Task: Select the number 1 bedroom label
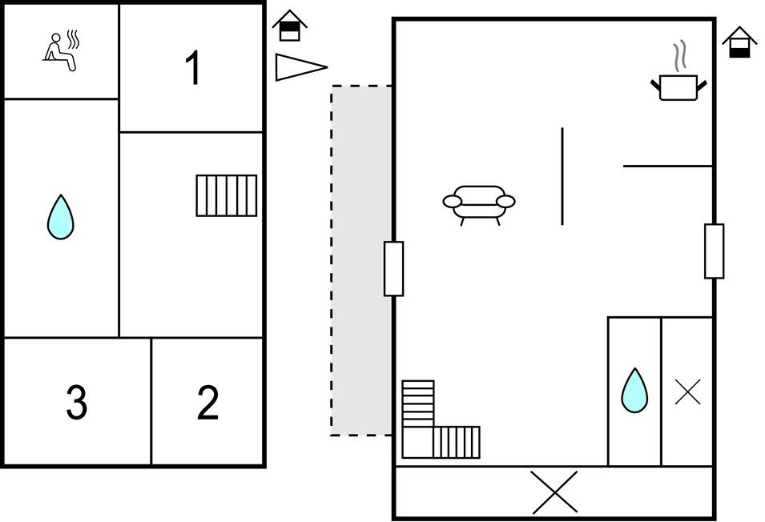pyautogui.click(x=193, y=68)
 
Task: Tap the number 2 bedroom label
pyautogui.click(x=207, y=402)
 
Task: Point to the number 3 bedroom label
pyautogui.click(x=77, y=402)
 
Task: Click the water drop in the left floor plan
pyautogui.click(x=61, y=217)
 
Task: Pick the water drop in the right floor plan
pyautogui.click(x=634, y=391)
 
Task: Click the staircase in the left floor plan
pyautogui.click(x=227, y=195)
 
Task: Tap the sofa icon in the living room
pyautogui.click(x=478, y=205)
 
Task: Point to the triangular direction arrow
pyautogui.click(x=301, y=67)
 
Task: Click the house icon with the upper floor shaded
pyautogui.click(x=290, y=26)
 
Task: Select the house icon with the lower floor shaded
pyautogui.click(x=739, y=42)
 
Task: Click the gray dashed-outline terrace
pyautogui.click(x=361, y=260)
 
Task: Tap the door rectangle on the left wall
pyautogui.click(x=394, y=268)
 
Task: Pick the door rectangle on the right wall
pyautogui.click(x=715, y=251)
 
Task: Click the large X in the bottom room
pyautogui.click(x=554, y=492)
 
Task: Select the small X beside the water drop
pyautogui.click(x=688, y=391)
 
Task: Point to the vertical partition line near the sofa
pyautogui.click(x=562, y=176)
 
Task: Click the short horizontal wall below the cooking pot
pyautogui.click(x=668, y=167)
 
